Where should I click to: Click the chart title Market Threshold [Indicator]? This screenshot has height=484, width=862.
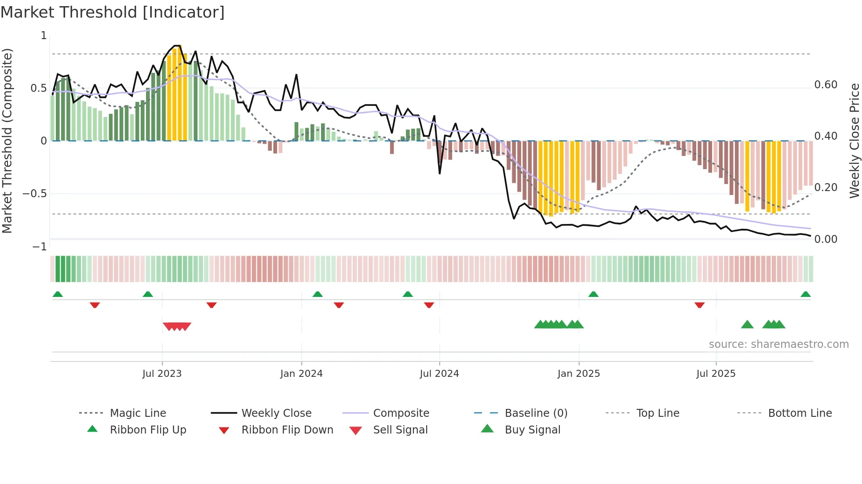pos(113,12)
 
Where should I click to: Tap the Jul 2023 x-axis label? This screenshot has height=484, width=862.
pos(162,374)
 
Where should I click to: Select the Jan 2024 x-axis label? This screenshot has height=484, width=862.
pos(301,374)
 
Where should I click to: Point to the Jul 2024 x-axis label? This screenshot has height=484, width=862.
pos(439,374)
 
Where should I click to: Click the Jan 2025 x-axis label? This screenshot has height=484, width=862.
pos(578,374)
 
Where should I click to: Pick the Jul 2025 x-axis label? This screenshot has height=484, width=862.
pos(716,374)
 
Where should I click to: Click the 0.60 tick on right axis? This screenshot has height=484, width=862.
pos(825,85)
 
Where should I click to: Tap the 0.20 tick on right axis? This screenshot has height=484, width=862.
pos(825,188)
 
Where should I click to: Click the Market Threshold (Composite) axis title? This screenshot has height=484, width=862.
pos(7,141)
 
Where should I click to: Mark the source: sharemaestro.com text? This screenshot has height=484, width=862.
pos(778,344)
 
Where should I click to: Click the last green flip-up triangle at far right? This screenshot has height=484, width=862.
pos(805,294)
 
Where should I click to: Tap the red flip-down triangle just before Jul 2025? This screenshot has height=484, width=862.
pos(699,305)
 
